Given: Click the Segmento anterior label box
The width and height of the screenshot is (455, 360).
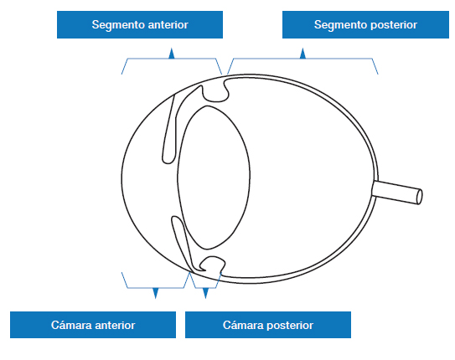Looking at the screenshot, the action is (140, 24).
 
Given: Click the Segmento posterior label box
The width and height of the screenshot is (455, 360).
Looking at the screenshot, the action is (365, 24).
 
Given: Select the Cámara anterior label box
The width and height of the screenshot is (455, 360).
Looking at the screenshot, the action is (93, 325).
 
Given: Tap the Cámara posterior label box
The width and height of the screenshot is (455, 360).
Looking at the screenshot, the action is (268, 325).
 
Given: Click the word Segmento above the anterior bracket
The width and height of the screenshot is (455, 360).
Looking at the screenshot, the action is (118, 25).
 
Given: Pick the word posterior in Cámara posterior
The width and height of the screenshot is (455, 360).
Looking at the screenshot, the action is (290, 326).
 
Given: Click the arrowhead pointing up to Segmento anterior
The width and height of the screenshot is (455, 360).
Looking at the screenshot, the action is (172, 54).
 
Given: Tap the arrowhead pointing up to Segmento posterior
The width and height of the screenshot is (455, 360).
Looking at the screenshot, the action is (303, 54).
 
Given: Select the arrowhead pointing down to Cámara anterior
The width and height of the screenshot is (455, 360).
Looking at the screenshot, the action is (156, 293).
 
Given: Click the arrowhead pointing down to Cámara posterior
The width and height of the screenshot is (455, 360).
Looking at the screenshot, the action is (206, 293).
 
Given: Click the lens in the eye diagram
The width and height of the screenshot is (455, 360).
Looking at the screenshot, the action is (214, 177).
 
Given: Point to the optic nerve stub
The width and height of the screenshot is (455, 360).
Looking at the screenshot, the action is (397, 193).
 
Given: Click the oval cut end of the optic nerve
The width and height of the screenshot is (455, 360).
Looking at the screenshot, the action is (420, 197).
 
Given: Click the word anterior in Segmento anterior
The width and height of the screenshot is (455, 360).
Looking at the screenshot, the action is (168, 25).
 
